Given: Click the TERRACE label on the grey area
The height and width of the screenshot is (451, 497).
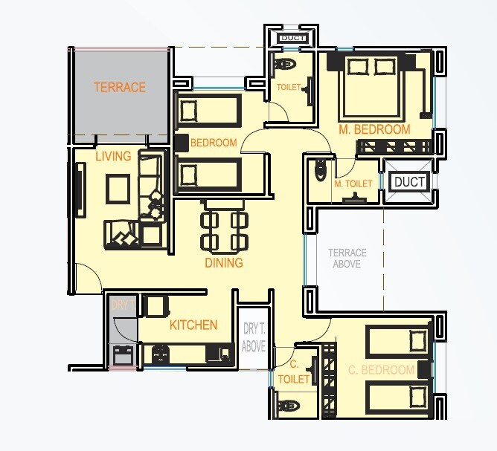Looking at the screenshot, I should pyautogui.click(x=119, y=87).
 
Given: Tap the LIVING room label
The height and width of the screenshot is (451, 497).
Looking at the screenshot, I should pyautogui.click(x=113, y=156).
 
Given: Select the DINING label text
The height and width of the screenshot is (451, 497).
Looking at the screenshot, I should pyautogui.click(x=224, y=263).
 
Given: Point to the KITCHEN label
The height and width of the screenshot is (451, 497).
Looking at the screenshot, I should pyautogui.click(x=193, y=325).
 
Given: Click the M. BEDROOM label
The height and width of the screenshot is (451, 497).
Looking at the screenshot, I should pyautogui.click(x=374, y=129).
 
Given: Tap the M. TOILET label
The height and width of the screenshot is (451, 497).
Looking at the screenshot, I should pyautogui.click(x=353, y=184).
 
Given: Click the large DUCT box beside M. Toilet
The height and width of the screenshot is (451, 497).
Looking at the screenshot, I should pyautogui.click(x=409, y=182).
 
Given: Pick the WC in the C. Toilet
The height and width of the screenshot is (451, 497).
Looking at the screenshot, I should pyautogui.click(x=289, y=406).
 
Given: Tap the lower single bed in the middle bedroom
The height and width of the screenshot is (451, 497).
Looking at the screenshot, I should pyautogui.click(x=209, y=175).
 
